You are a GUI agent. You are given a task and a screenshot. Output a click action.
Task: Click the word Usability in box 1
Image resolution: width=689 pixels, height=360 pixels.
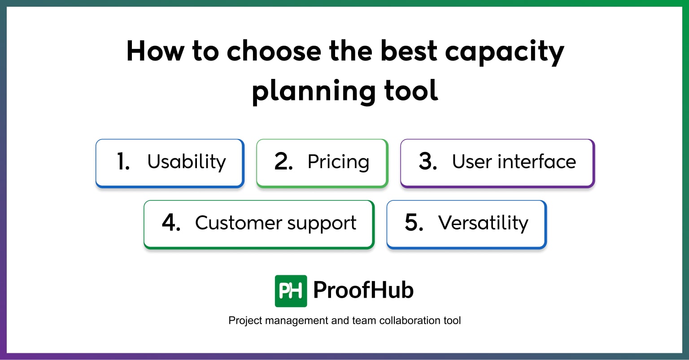pyautogui.click(x=187, y=162)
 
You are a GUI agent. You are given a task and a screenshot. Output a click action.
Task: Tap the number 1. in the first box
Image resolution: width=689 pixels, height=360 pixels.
pyautogui.click(x=123, y=162)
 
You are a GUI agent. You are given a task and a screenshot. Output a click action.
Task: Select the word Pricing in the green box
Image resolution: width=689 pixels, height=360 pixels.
pyautogui.click(x=338, y=162)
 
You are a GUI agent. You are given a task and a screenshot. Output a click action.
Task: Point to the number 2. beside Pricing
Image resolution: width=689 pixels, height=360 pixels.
pyautogui.click(x=283, y=162)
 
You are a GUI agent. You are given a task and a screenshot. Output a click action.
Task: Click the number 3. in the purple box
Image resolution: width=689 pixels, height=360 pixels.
pyautogui.click(x=427, y=162)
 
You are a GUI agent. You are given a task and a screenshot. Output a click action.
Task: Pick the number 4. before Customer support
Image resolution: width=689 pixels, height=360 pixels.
pyautogui.click(x=171, y=223)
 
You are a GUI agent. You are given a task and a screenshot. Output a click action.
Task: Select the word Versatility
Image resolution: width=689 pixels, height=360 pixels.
pyautogui.click(x=483, y=223)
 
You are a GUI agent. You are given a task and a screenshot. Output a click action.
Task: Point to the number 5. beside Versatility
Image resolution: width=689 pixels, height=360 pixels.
pyautogui.click(x=414, y=223)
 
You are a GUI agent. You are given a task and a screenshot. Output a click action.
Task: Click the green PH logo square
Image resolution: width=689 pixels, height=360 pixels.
pyautogui.click(x=291, y=291)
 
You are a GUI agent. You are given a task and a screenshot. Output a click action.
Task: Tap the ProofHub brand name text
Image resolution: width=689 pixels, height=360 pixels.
pyautogui.click(x=363, y=290)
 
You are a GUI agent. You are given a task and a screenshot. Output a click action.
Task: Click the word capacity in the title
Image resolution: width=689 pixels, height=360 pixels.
pyautogui.click(x=504, y=52)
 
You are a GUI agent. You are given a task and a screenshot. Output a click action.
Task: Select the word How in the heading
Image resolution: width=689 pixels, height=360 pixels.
pyautogui.click(x=155, y=51)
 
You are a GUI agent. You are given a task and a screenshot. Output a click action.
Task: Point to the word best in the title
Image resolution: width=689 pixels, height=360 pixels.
pyautogui.click(x=409, y=51)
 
